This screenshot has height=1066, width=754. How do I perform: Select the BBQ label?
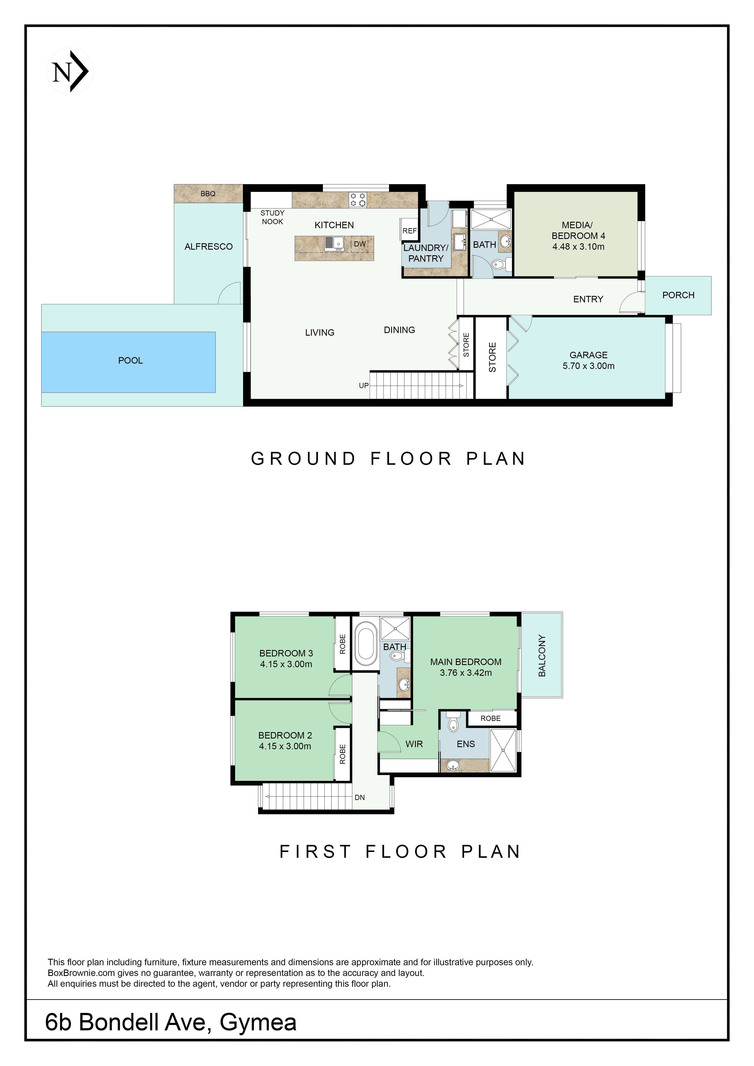(208, 194)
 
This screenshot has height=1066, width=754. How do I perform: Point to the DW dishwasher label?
(360, 244)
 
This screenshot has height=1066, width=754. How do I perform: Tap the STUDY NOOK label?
(273, 217)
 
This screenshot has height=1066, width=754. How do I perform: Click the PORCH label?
(678, 295)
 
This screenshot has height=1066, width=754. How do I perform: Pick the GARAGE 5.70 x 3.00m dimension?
(589, 366)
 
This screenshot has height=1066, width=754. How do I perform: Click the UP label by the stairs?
(363, 385)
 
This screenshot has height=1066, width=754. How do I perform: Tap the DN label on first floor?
(360, 798)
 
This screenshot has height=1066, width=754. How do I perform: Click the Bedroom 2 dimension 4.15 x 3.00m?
(285, 746)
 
